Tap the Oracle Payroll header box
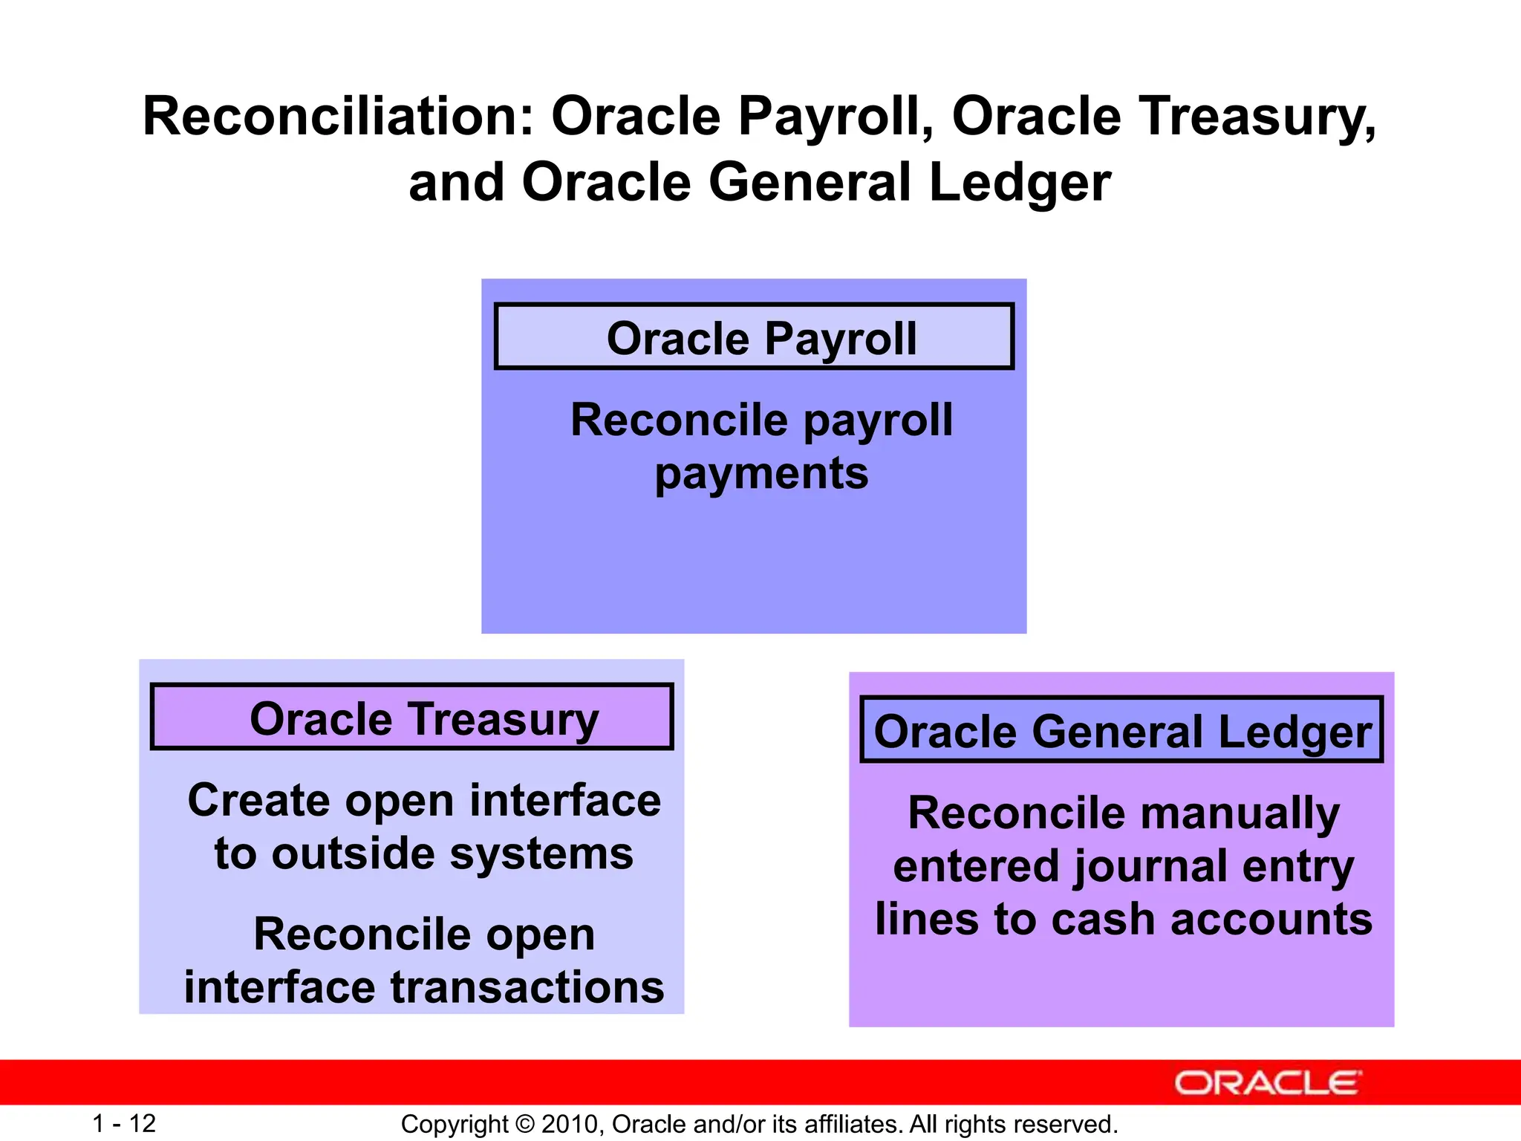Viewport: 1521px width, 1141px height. coord(754,337)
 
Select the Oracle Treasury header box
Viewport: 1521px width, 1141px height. coord(412,717)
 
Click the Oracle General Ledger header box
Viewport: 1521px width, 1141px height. coord(1121,730)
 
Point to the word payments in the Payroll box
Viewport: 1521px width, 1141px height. coord(761,474)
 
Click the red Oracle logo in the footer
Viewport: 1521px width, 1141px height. coord(1267,1083)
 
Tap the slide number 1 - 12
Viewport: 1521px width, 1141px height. coord(124,1123)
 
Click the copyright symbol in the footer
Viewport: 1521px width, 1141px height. coord(525,1124)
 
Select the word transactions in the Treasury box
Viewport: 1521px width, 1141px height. coord(527,987)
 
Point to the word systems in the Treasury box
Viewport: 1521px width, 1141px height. coord(541,854)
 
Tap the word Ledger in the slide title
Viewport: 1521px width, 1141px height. coord(1020,183)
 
